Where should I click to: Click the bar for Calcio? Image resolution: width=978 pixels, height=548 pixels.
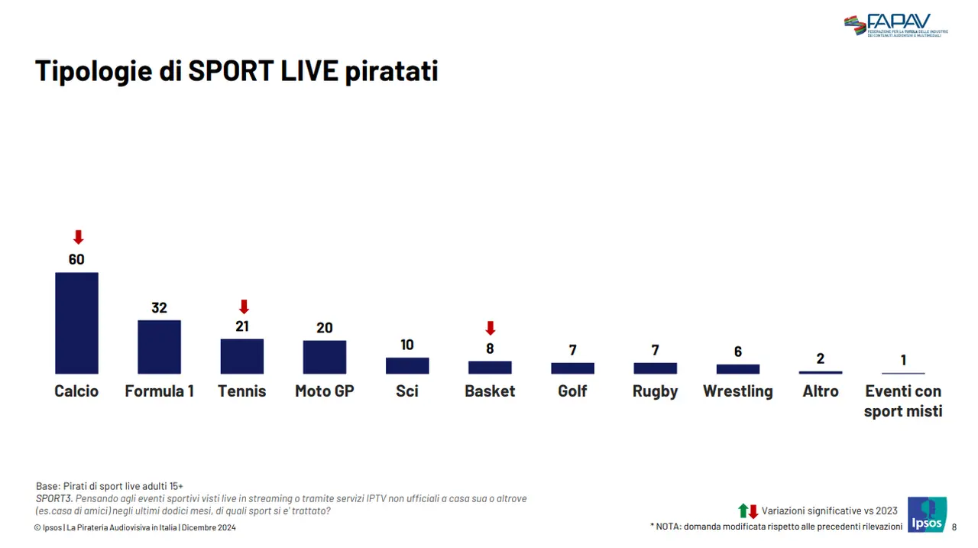click(76, 323)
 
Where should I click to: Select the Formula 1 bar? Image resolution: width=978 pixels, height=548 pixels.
click(159, 346)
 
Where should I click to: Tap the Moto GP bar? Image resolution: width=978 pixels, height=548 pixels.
click(325, 357)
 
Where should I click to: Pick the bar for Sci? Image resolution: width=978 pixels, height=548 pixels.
click(407, 365)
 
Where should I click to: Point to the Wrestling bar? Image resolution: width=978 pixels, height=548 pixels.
click(738, 368)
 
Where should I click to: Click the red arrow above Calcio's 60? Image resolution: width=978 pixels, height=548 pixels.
click(77, 237)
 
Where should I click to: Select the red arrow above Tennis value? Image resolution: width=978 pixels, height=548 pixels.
click(244, 306)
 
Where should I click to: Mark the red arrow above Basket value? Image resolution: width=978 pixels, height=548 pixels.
click(491, 328)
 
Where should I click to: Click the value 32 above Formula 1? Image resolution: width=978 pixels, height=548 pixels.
click(159, 308)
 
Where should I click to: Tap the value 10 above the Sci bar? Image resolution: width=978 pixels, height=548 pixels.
click(407, 345)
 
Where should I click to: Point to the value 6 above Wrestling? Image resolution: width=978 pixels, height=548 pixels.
click(738, 352)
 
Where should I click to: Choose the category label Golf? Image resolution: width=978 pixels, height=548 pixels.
click(572, 391)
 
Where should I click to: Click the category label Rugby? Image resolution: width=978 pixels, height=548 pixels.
click(655, 391)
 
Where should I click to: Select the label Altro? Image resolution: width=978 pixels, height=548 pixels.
click(821, 391)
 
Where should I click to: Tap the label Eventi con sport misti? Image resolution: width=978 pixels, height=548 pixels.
click(903, 401)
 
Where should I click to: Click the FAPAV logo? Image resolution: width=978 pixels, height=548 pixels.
click(895, 25)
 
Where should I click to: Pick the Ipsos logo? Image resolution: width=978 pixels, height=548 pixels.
click(927, 514)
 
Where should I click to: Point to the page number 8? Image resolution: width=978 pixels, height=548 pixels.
click(954, 527)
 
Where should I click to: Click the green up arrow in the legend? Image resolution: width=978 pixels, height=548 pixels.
click(743, 511)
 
